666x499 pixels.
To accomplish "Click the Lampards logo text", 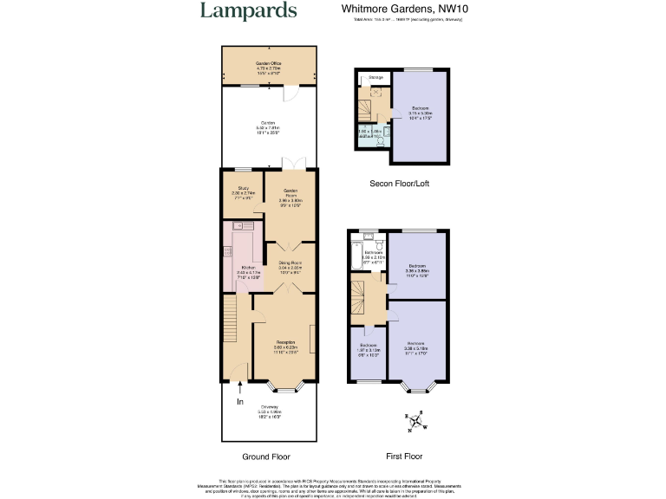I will (x=248, y=11).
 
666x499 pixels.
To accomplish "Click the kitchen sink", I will (x=236, y=226).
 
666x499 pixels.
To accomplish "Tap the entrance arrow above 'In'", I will (x=240, y=389).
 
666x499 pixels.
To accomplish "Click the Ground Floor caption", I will (x=266, y=457).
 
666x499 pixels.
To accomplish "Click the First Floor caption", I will (x=403, y=457).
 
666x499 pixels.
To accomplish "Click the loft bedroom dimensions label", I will (x=421, y=113).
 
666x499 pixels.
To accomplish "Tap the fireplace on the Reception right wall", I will (x=310, y=335).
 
